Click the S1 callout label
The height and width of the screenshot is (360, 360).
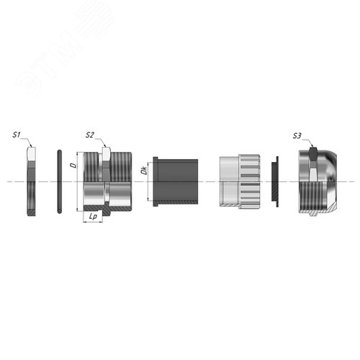pos(17,135)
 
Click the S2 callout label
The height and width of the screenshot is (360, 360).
pos(89,135)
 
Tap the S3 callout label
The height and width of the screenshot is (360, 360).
pos(297,136)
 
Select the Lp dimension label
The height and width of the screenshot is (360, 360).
pos(93,217)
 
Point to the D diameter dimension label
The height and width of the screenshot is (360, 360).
pos(74,166)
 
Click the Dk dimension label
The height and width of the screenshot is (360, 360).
pos(144,171)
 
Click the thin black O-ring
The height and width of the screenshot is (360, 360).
pos(60,181)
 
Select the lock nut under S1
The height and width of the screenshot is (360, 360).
pos(32,181)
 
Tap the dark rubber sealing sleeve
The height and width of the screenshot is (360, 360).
pos(176,181)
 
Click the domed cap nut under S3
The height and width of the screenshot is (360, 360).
pos(318,181)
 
